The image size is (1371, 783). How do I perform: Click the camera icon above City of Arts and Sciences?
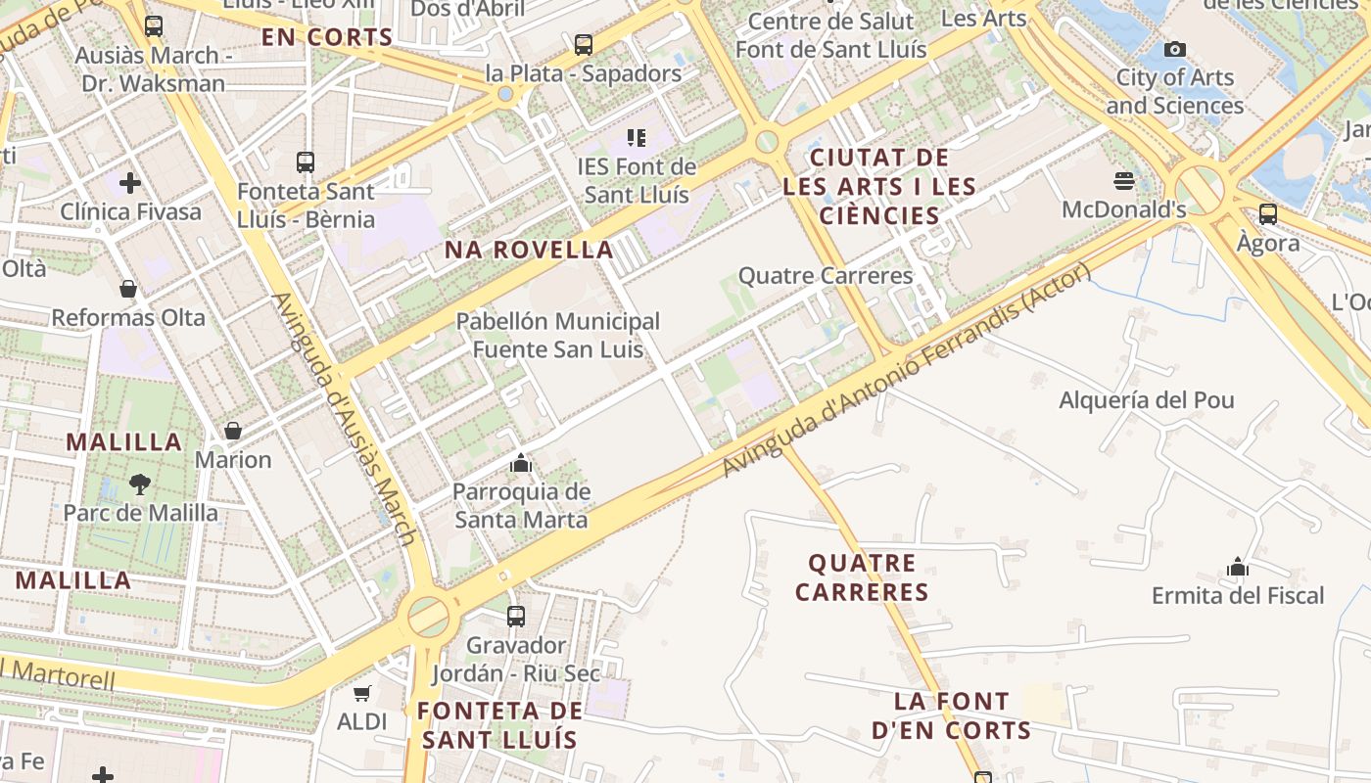(1174, 49)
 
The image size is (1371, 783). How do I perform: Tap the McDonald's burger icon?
(1123, 181)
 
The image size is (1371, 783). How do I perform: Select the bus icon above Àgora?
(1268, 213)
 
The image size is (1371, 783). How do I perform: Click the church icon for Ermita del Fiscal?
(1238, 567)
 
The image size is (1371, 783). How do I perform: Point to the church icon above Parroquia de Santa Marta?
(521, 463)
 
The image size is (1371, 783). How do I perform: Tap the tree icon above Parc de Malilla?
(140, 484)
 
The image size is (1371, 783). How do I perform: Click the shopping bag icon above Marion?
(233, 431)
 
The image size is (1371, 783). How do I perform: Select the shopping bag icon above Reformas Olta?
(128, 289)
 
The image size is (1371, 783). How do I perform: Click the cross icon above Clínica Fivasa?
(129, 183)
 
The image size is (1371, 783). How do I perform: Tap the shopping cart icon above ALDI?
(362, 693)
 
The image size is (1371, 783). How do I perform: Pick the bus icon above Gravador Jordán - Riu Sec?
(516, 617)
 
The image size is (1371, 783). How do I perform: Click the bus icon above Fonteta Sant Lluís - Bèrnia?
(306, 161)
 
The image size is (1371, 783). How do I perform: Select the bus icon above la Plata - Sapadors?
(584, 44)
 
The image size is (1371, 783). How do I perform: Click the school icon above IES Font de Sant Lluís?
(637, 138)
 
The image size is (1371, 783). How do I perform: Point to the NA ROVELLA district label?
(529, 250)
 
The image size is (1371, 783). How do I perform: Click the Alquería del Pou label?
(1147, 400)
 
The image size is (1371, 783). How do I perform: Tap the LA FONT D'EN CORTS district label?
(951, 715)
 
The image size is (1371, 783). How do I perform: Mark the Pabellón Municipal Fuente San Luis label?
(558, 335)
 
